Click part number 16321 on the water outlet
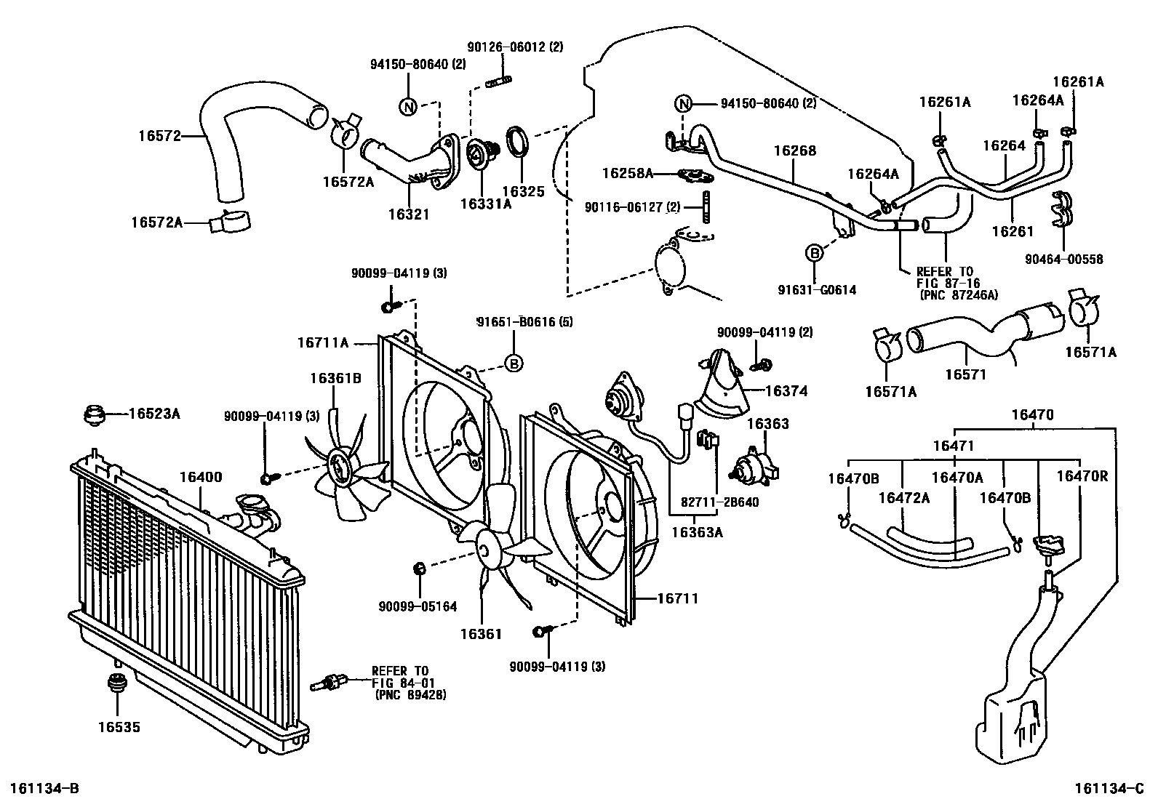(x=409, y=214)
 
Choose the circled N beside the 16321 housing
(x=409, y=107)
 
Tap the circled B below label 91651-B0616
(x=514, y=363)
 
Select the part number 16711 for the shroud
(x=677, y=598)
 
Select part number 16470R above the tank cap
(x=1082, y=477)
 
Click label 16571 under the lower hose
(x=965, y=374)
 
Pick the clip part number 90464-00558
(x=1064, y=259)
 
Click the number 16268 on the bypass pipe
(x=794, y=151)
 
